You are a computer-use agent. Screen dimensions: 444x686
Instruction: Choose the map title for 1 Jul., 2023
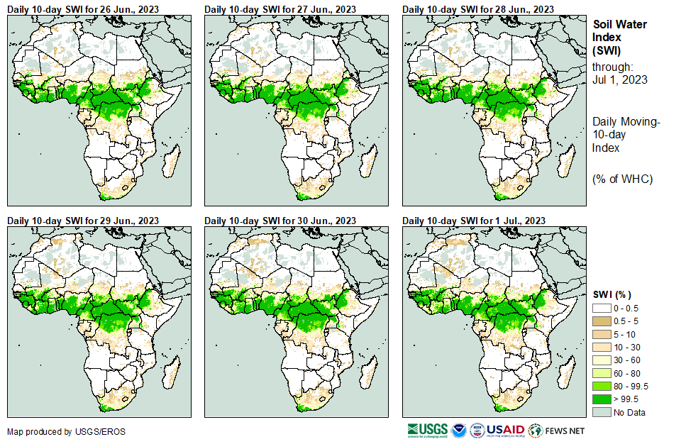[x=474, y=221]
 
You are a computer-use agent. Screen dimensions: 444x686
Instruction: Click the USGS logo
[x=428, y=430]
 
